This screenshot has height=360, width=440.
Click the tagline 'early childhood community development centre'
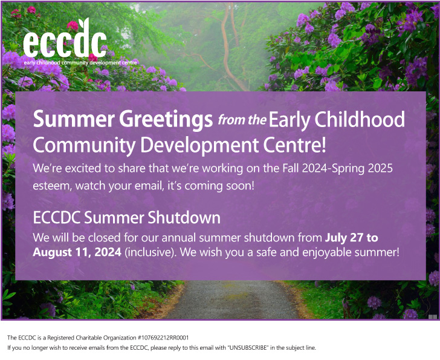[80, 62]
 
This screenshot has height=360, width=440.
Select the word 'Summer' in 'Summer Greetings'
[74, 119]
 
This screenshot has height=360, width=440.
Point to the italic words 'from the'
[242, 120]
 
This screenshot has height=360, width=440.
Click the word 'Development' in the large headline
[199, 146]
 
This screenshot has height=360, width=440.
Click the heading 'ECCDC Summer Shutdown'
[127, 218]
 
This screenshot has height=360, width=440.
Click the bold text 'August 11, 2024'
[77, 252]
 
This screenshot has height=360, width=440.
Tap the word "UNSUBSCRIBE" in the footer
[248, 348]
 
